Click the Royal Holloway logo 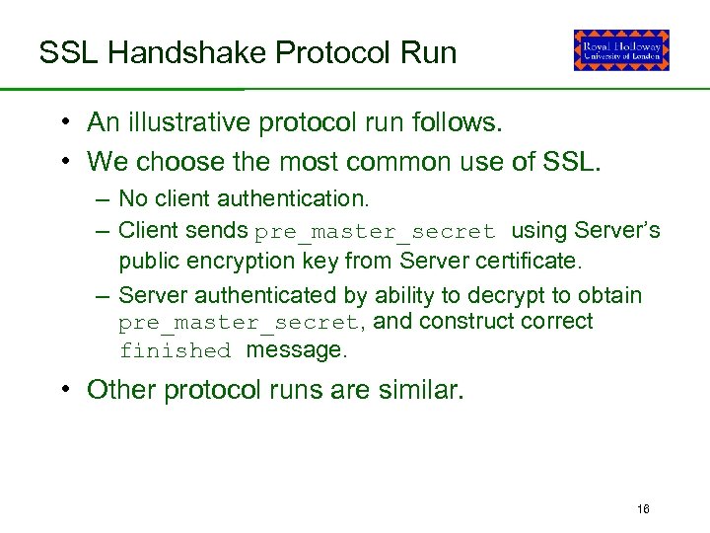click(621, 50)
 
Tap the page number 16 click(644, 509)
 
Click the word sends click(222, 231)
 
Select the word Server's click(616, 231)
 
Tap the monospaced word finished click(175, 350)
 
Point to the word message click(296, 349)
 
